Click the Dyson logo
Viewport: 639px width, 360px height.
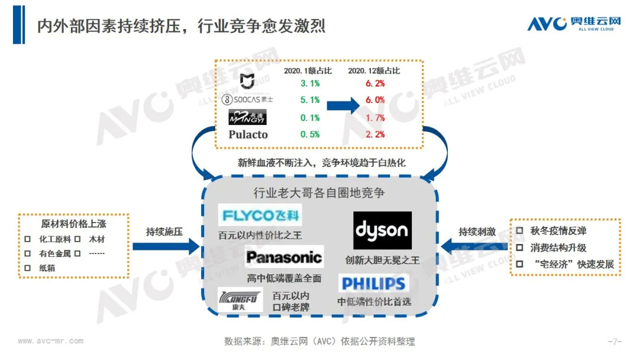[382, 230]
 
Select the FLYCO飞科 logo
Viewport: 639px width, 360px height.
[260, 214]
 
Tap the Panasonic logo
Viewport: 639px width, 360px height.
[284, 257]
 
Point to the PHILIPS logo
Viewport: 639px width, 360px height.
[374, 283]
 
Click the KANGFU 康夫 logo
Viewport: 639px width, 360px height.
[233, 298]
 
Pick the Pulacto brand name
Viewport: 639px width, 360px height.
[248, 134]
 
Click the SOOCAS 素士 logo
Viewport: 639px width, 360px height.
[247, 99]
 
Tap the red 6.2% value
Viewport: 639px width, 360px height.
[375, 83]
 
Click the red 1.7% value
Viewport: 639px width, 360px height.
[375, 118]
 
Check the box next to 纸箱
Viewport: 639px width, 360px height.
[27, 268]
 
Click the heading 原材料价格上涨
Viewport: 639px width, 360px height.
[74, 224]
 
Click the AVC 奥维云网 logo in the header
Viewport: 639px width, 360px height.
[574, 23]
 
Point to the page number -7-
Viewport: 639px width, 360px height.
[615, 342]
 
